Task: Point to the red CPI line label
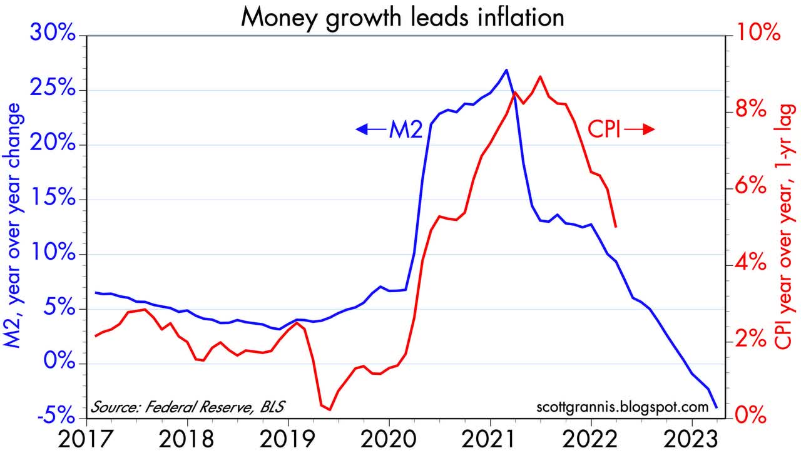(x=603, y=129)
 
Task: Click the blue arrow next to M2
(x=369, y=130)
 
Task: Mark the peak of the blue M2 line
(x=506, y=69)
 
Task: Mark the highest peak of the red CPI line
(x=539, y=76)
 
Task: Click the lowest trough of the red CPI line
(x=329, y=410)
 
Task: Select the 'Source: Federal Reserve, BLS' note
(x=187, y=407)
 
